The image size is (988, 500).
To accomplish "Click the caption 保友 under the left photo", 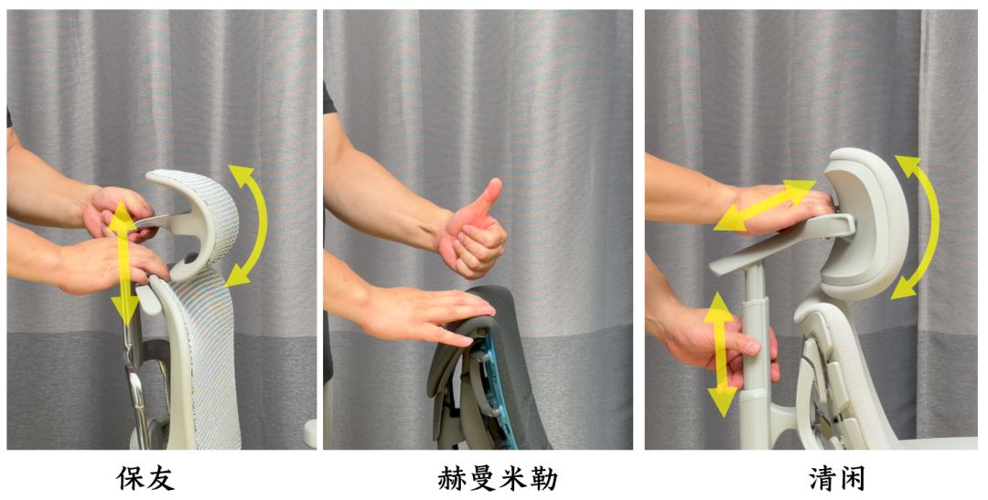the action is click(145, 479).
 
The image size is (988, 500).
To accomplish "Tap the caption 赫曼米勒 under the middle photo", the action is click(497, 479).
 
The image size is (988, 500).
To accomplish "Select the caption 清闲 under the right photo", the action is click(837, 479).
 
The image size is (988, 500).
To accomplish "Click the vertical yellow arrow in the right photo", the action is click(721, 353).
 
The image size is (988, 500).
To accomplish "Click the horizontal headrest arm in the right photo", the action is click(781, 242).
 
